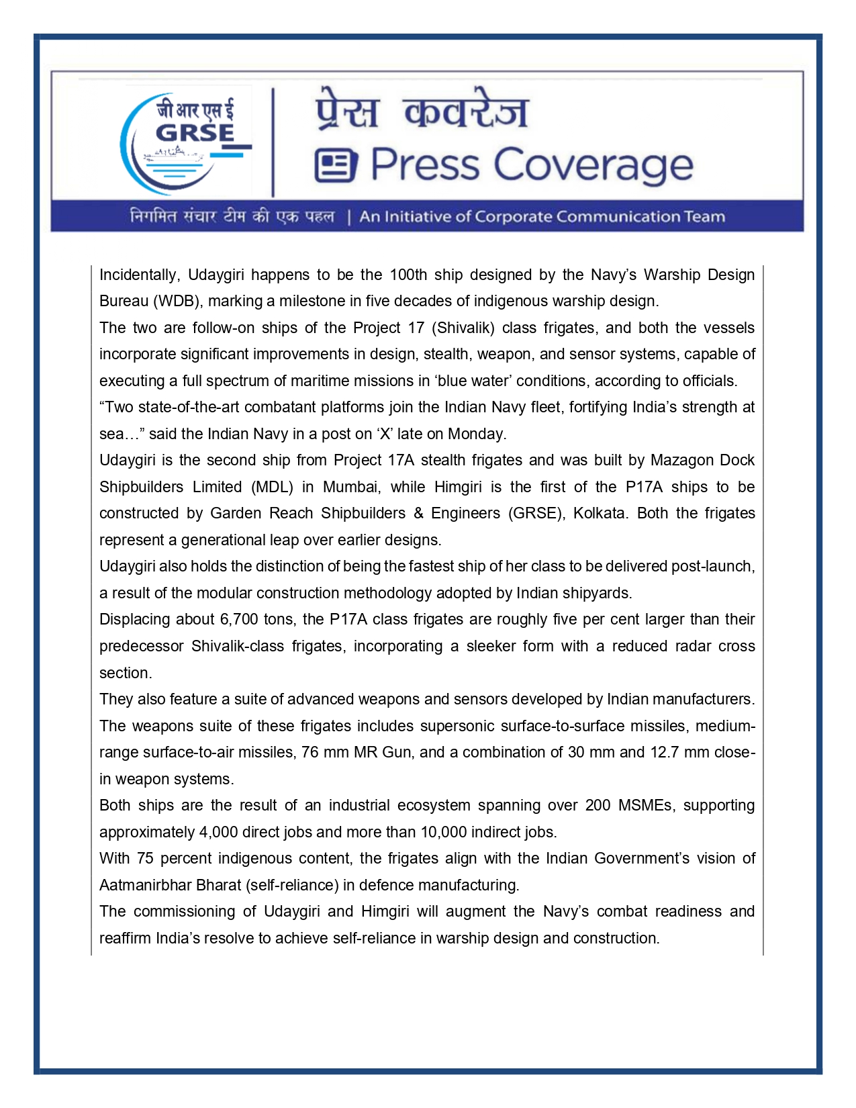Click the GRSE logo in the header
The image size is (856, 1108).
(185, 142)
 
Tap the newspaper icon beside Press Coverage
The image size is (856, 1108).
(336, 165)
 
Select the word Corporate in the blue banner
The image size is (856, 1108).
(513, 217)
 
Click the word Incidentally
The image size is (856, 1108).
(139, 275)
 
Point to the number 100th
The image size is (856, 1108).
(408, 275)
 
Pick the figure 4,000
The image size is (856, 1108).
(218, 832)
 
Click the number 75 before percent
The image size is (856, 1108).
(145, 858)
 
